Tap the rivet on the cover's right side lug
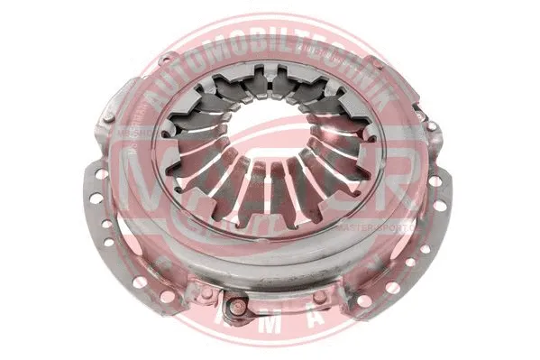pos(431,126)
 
